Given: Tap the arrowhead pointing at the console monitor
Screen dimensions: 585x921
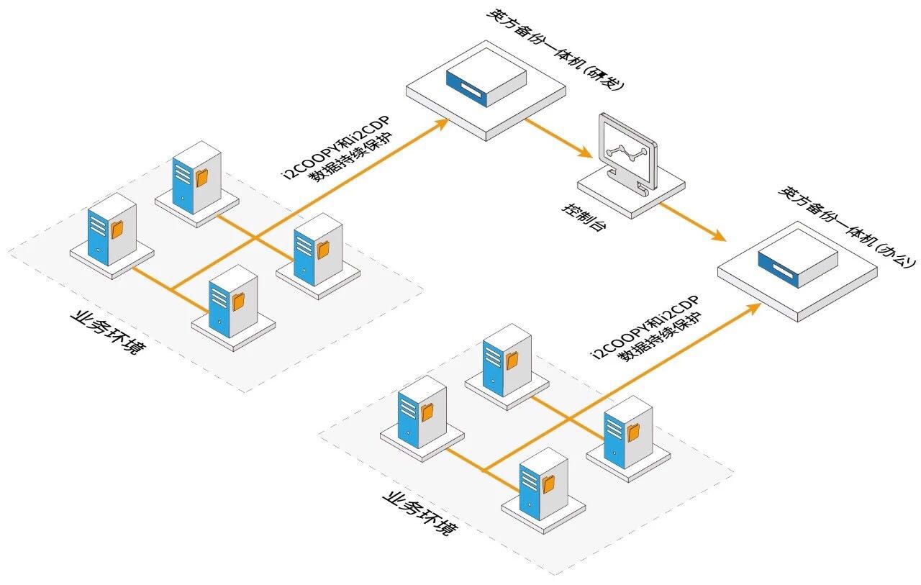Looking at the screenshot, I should coord(587,153).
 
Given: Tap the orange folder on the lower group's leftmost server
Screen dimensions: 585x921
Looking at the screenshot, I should coord(427,412).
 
